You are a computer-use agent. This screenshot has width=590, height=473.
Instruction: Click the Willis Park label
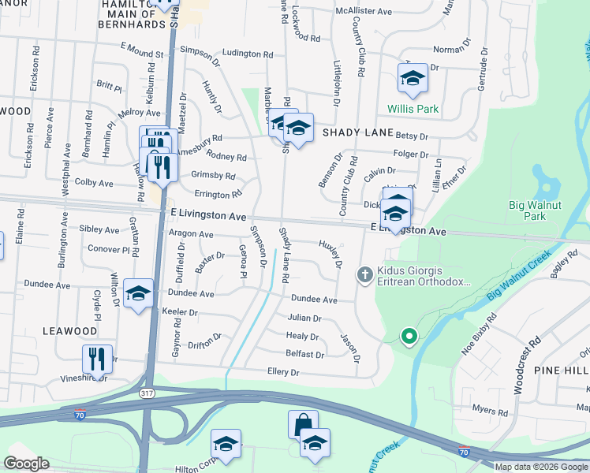pos(412,109)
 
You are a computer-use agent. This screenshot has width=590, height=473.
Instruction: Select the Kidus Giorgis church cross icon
pos(364,274)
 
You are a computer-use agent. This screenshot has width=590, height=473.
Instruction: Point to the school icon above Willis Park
pos(412,78)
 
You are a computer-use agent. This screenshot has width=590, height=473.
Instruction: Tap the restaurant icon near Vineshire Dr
pos(97,359)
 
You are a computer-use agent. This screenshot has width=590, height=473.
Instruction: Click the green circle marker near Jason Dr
pos(409,337)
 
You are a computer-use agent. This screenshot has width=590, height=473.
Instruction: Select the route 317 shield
pos(147,393)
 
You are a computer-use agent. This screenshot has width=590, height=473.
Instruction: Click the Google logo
pos(26,464)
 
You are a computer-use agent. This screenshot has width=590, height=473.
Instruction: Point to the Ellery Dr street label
pos(283,371)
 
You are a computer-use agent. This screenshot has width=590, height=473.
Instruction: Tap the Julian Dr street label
pos(304,318)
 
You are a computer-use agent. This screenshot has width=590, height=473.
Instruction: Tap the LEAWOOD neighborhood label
pos(69,332)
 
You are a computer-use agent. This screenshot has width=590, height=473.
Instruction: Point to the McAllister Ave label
pos(364,12)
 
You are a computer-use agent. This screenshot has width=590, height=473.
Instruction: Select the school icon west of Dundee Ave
pos(139,294)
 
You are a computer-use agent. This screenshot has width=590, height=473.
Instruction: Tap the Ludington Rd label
pos(247,54)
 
